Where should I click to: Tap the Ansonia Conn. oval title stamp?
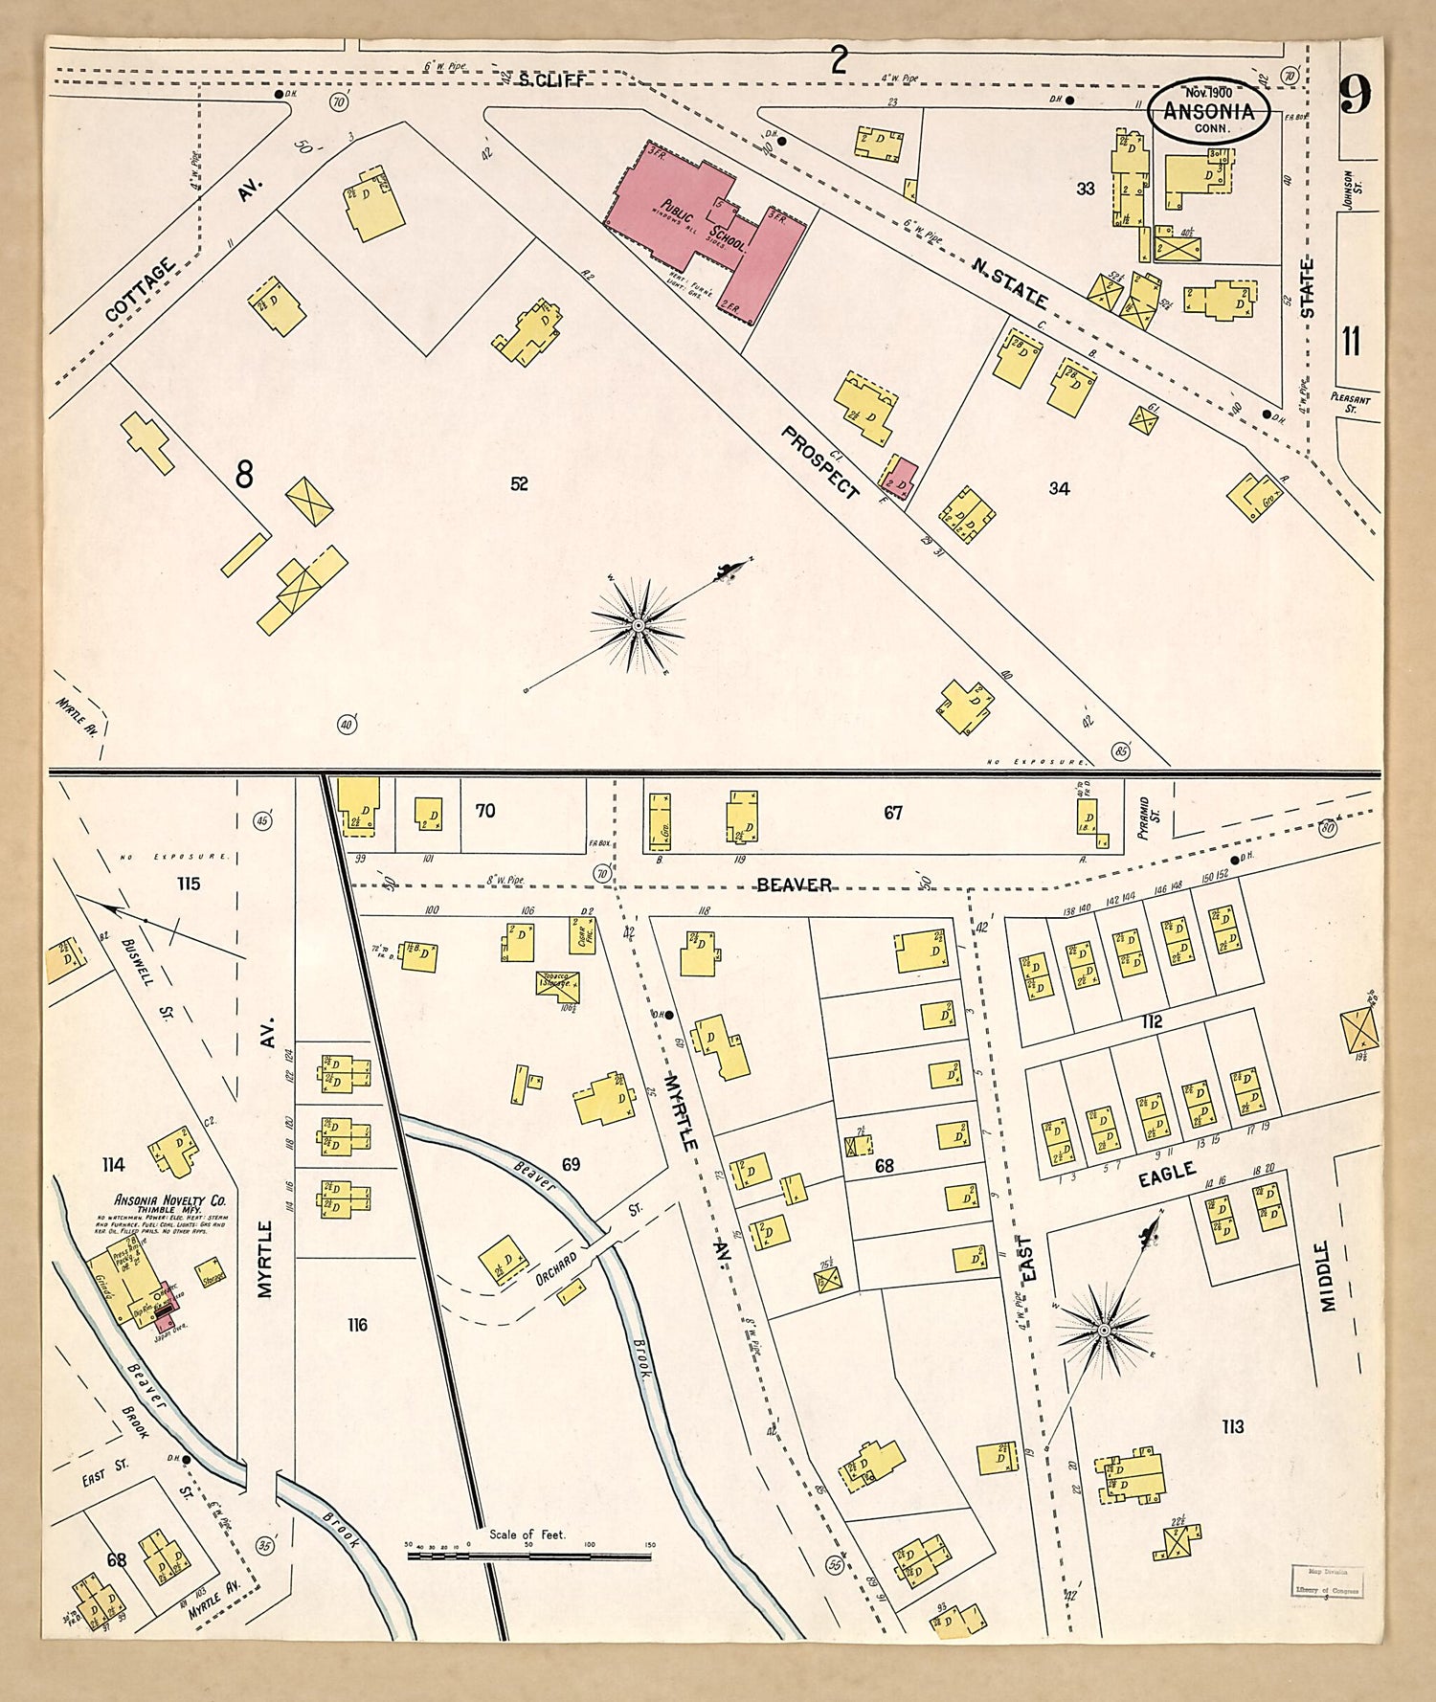point(1208,110)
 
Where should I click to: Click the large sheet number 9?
point(1355,95)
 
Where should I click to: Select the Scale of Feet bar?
point(528,1556)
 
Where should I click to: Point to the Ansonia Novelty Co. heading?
point(169,1200)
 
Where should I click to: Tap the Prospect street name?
point(820,462)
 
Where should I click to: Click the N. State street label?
point(1009,284)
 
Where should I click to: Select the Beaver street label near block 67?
point(794,885)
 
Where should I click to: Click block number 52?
point(519,484)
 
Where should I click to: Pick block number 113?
point(1232,1427)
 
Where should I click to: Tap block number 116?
point(357,1325)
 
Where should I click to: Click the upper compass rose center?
point(638,624)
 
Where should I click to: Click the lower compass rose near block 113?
point(1103,1331)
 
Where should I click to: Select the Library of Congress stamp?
point(1326,1582)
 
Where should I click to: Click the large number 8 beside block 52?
point(244,474)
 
